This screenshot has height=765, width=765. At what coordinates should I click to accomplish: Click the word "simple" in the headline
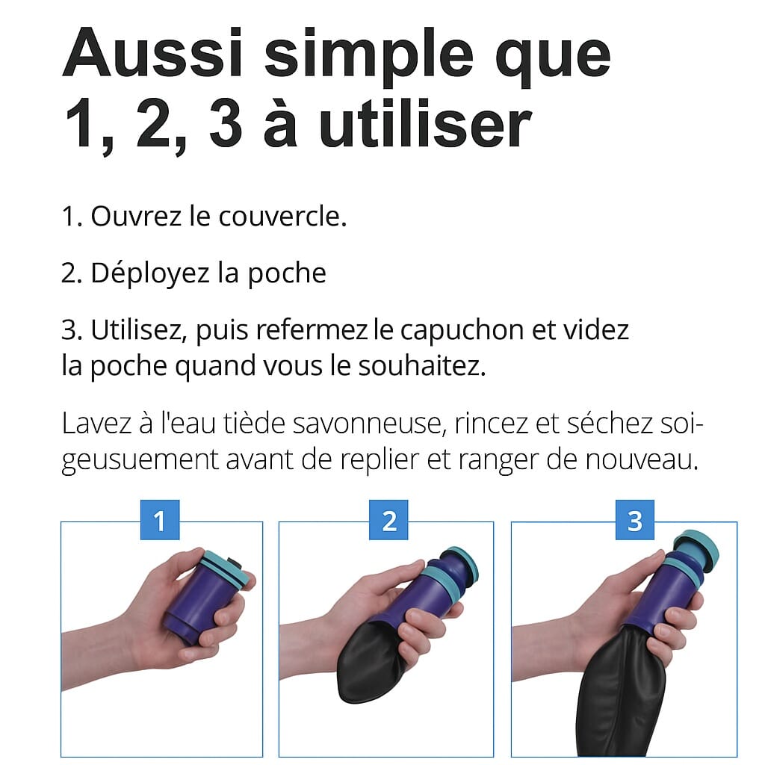369,58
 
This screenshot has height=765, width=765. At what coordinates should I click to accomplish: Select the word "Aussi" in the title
152,53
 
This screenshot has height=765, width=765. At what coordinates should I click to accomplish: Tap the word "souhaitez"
422,366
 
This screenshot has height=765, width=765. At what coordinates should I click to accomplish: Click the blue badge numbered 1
160,520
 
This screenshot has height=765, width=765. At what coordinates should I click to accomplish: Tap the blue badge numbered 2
388,520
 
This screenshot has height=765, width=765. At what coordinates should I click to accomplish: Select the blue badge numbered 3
635,520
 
